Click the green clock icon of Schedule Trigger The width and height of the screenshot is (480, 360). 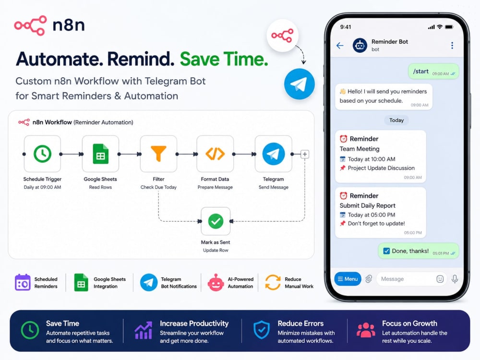tap(42, 154)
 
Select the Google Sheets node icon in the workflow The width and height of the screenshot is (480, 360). tap(100, 154)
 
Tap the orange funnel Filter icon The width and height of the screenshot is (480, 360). tap(158, 154)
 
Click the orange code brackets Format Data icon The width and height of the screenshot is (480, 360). tap(215, 154)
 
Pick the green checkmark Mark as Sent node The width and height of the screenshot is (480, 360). tap(216, 221)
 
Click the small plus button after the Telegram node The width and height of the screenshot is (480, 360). tap(305, 154)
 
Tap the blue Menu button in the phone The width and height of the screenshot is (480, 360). tap(348, 279)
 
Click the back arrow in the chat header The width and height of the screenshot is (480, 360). tap(340, 46)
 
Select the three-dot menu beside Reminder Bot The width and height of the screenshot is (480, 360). tap(452, 45)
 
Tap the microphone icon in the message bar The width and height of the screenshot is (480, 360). tap(455, 279)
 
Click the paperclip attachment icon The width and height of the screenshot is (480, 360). tap(369, 279)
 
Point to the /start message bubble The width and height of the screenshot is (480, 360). tap(433, 72)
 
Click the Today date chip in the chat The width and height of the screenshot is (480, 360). tap(396, 120)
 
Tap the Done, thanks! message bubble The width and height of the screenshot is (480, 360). tap(418, 251)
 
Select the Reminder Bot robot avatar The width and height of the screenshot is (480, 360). tap(360, 46)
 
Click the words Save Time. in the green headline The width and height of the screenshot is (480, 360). tap(224, 59)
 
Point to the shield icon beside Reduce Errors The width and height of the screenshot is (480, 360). tap(262, 330)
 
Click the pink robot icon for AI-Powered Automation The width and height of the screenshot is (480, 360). tap(216, 282)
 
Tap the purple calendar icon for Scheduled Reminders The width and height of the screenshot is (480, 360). tap(23, 282)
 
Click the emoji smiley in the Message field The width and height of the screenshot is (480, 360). tap(440, 279)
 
